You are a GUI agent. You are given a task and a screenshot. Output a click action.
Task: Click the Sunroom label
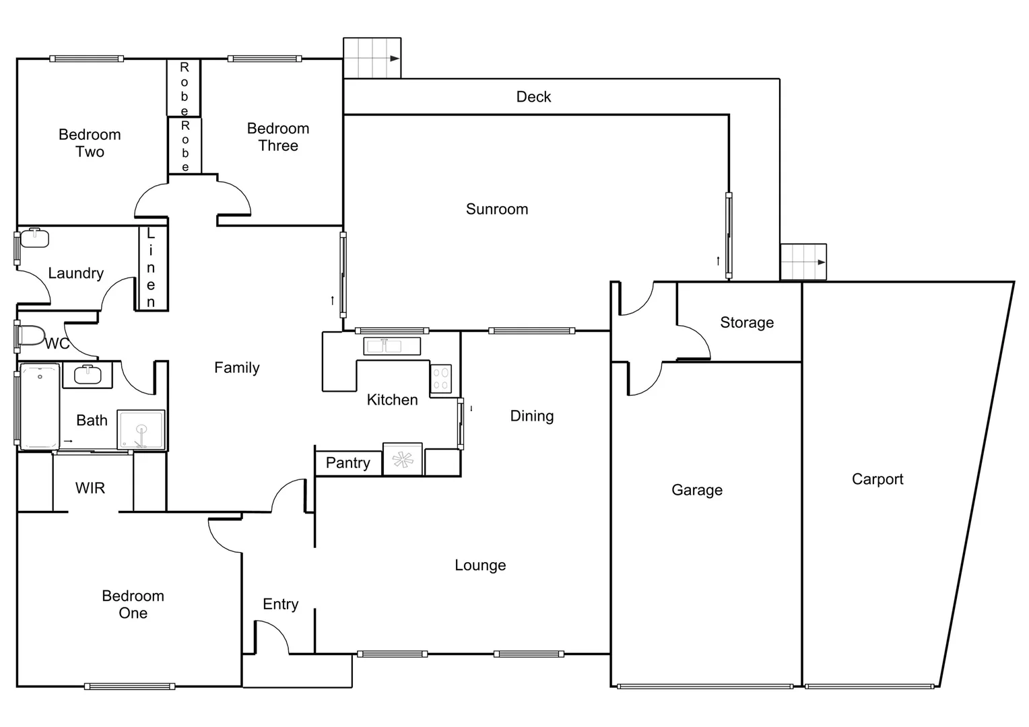tap(496, 209)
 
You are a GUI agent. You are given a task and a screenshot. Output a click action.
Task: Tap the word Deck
tap(533, 97)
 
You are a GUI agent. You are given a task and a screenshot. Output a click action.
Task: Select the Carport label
tap(877, 479)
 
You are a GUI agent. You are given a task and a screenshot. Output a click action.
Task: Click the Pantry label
tap(347, 463)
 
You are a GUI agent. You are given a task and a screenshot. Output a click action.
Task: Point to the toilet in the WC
tap(31, 336)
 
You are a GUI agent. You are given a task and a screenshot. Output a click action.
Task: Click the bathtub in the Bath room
tap(40, 407)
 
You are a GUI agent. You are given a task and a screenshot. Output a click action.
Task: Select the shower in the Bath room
tap(141, 429)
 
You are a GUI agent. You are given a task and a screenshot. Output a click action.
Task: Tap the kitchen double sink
tap(391, 346)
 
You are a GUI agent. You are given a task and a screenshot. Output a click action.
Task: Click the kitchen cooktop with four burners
tap(441, 378)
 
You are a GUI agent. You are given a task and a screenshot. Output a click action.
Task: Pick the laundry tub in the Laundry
tap(34, 238)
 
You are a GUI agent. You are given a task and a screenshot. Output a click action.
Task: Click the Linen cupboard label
tap(151, 268)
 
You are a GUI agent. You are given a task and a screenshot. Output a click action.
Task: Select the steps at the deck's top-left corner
tap(372, 58)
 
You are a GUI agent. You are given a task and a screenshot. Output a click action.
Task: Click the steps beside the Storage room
tap(803, 262)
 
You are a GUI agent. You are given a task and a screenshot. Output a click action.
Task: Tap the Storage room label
tap(746, 323)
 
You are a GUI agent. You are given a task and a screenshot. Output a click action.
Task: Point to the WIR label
tap(90, 488)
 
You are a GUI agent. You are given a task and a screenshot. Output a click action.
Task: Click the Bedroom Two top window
tap(86, 59)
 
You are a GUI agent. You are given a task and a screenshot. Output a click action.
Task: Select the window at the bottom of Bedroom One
tap(129, 687)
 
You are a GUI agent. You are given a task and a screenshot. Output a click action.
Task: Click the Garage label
tap(696, 490)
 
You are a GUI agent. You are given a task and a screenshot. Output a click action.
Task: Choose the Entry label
tap(280, 604)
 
